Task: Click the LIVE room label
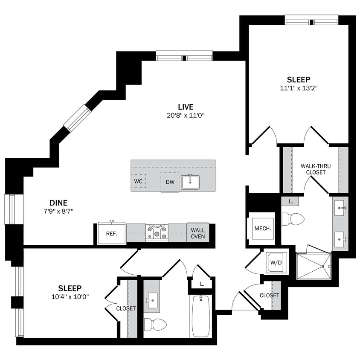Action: pyautogui.click(x=186, y=107)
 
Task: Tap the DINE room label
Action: pyautogui.click(x=58, y=203)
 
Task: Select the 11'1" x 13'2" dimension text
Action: pyautogui.click(x=298, y=88)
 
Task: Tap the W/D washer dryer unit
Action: pyautogui.click(x=276, y=262)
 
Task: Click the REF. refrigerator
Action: pyautogui.click(x=112, y=233)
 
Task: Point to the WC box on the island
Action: pyautogui.click(x=138, y=181)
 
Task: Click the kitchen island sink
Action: pyautogui.click(x=190, y=182)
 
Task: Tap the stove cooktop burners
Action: pyautogui.click(x=157, y=232)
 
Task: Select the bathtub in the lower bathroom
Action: pyautogui.click(x=201, y=316)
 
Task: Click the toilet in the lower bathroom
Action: pyautogui.click(x=154, y=324)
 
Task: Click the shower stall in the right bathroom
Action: pyautogui.click(x=313, y=267)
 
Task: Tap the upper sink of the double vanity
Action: pyautogui.click(x=340, y=208)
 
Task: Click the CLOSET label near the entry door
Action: pyautogui.click(x=269, y=295)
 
